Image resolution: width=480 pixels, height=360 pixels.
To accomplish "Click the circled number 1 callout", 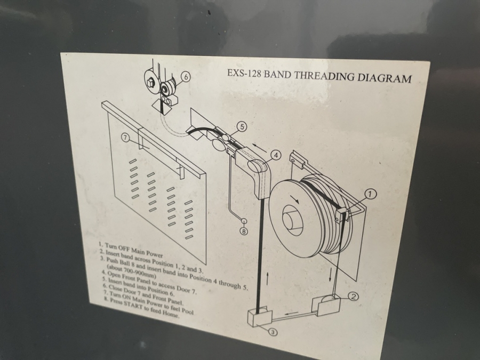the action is [371, 194].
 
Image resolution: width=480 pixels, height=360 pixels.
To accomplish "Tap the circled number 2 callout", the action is [354, 296].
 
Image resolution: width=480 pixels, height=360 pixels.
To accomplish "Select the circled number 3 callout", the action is [274, 332].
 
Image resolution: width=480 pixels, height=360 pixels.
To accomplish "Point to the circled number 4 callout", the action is [276, 155].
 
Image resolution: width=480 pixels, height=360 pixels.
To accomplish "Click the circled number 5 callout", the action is [242, 126].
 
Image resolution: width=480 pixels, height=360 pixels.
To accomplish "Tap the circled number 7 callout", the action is [125, 138].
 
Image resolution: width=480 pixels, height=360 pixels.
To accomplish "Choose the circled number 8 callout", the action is [244, 231].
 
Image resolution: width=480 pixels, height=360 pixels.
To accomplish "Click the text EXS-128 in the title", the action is [244, 74].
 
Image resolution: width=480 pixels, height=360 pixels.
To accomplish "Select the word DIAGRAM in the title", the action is [384, 78].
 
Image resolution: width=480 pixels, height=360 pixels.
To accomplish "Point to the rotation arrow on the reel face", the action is [295, 199].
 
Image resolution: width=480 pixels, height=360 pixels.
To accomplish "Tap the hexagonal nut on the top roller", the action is [150, 82].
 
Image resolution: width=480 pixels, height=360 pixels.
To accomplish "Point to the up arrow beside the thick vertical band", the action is [268, 279].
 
